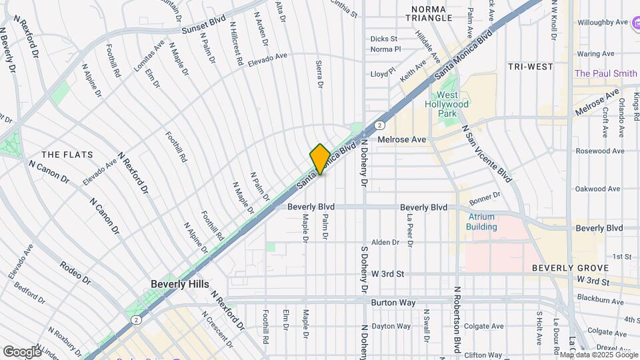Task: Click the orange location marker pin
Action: coord(320,159)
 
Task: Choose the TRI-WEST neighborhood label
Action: coord(530,67)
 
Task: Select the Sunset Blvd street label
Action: coord(204,25)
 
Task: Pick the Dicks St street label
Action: coord(383,39)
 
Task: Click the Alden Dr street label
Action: coord(385,242)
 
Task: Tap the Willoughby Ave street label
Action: coord(603,22)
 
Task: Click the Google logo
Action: coord(23,351)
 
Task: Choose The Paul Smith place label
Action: coord(605,73)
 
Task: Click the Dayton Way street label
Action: coord(391,326)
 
